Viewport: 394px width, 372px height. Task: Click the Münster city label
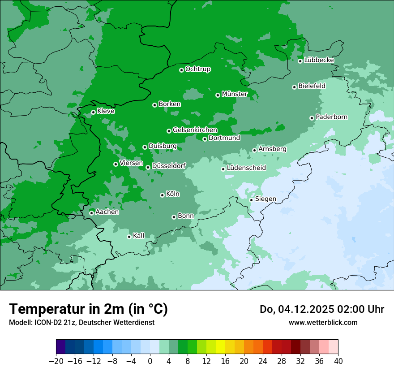(x=235, y=94)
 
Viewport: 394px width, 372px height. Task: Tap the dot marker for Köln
(x=162, y=195)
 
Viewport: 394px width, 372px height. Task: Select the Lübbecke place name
(x=319, y=60)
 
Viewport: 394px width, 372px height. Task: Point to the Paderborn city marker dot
(x=312, y=118)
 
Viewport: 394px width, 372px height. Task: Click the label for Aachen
(x=107, y=212)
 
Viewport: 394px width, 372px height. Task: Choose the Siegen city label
(x=266, y=199)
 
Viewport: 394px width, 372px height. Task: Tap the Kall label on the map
(x=139, y=235)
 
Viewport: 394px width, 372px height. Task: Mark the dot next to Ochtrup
(x=181, y=70)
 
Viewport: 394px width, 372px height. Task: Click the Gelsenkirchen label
(x=195, y=130)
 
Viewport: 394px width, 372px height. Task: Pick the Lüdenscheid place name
(x=246, y=168)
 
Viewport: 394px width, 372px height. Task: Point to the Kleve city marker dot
(x=93, y=112)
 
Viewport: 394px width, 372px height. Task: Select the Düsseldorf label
(x=169, y=166)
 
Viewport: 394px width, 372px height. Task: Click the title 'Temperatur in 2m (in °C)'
(x=88, y=309)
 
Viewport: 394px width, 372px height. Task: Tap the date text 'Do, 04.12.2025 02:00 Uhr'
(x=321, y=309)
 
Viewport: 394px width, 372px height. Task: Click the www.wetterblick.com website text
(x=323, y=322)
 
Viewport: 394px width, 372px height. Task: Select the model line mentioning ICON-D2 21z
(x=81, y=322)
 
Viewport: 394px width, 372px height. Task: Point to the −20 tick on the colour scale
(x=56, y=361)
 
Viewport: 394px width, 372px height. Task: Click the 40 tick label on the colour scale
(x=338, y=361)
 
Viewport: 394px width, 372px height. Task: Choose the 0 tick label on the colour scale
(x=150, y=361)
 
